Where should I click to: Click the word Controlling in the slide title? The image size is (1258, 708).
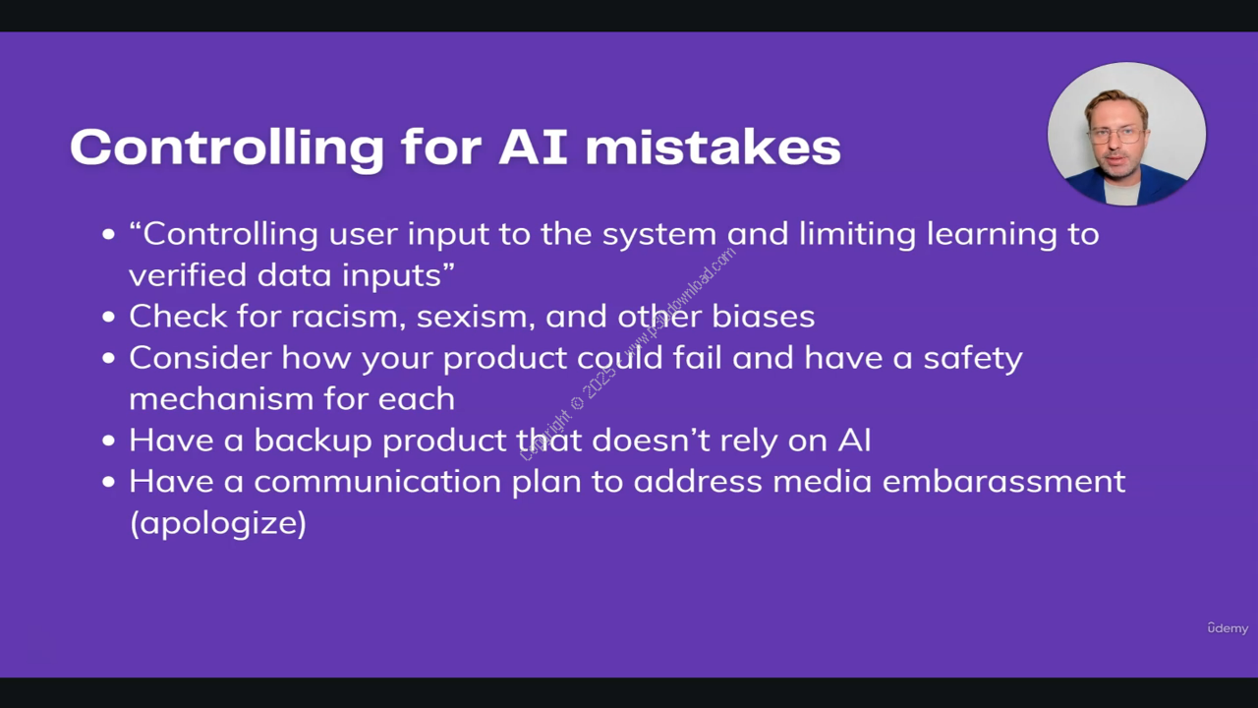(x=227, y=147)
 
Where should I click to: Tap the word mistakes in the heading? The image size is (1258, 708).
(x=713, y=147)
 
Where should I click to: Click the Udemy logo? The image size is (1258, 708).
(x=1228, y=628)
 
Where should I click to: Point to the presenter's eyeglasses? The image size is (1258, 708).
(x=1117, y=136)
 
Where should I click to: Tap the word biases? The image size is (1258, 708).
(x=764, y=317)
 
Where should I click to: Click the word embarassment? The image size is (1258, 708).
(x=1003, y=481)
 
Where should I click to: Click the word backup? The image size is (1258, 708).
(x=313, y=440)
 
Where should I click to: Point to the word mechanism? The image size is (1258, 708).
(x=221, y=398)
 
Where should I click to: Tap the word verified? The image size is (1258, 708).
(x=188, y=274)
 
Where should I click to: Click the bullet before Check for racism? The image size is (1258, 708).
(x=108, y=317)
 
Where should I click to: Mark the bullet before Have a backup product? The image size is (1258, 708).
(x=108, y=441)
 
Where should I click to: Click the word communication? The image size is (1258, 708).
(x=377, y=482)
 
